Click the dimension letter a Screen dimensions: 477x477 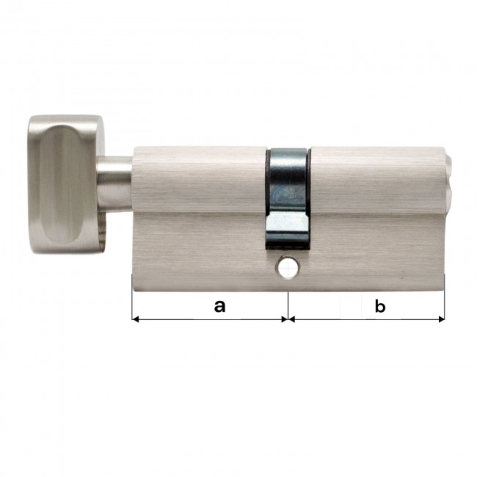pyautogui.click(x=219, y=306)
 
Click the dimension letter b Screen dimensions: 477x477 pyautogui.click(x=380, y=306)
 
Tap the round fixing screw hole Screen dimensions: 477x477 pyautogui.click(x=287, y=269)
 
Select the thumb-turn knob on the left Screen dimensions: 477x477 pyautogui.click(x=67, y=184)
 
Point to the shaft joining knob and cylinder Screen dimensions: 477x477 pyautogui.click(x=114, y=183)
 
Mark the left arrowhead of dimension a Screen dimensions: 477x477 pyautogui.click(x=135, y=319)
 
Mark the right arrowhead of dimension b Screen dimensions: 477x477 pyautogui.click(x=441, y=319)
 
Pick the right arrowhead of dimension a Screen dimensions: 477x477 pyautogui.click(x=284, y=319)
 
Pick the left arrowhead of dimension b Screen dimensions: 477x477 pyautogui.click(x=291, y=319)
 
